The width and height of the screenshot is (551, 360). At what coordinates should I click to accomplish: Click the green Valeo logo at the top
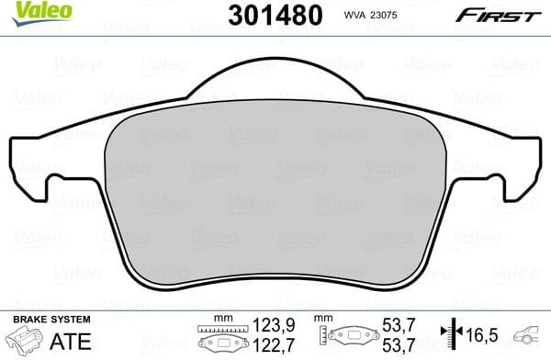28,12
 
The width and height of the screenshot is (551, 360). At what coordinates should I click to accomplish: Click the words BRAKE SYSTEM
51,319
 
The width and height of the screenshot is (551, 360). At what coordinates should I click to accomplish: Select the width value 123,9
280,326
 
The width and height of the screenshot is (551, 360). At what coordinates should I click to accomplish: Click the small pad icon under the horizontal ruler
223,344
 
